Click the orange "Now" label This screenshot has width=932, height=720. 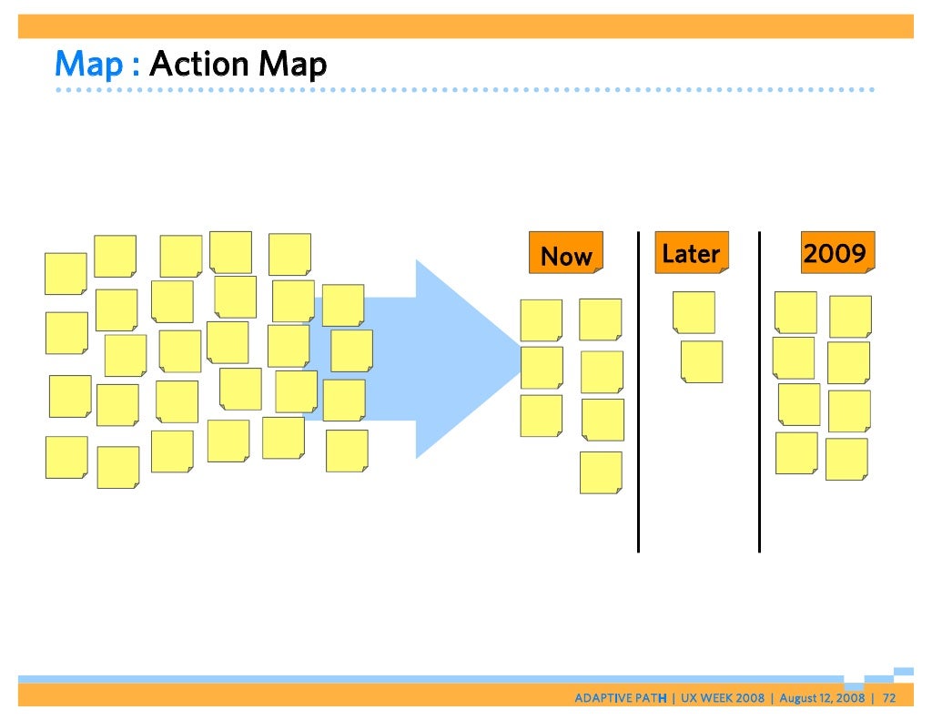pos(566,254)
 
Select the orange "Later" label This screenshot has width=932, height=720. pos(691,253)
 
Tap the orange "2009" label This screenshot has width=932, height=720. pos(836,252)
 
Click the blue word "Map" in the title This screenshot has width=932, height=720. pos(88,65)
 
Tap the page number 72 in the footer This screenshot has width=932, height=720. pos(889,698)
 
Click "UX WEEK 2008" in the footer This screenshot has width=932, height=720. pos(724,698)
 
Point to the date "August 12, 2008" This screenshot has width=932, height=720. pos(822,698)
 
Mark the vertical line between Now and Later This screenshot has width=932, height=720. pos(638,391)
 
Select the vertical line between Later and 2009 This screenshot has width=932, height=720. pos(759,391)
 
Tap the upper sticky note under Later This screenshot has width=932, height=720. pos(694,312)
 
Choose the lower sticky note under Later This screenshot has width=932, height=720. pos(702,361)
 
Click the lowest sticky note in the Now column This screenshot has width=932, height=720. pos(601,472)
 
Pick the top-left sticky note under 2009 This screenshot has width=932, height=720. pos(795,312)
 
